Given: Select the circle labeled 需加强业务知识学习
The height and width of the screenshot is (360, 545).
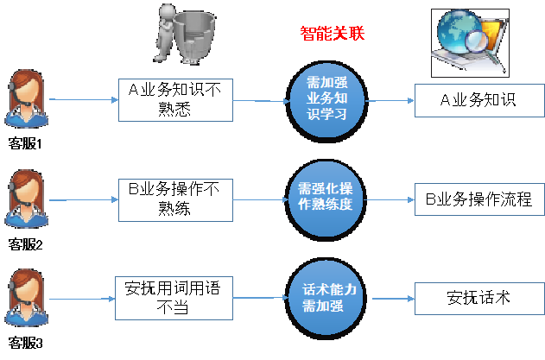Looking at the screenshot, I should coord(326,101).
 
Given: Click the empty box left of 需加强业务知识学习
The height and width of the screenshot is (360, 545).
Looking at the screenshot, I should coord(175,100).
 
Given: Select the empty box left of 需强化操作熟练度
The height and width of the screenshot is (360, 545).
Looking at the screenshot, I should coord(175,200).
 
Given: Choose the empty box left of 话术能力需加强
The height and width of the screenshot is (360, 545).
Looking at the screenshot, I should coord(174,298).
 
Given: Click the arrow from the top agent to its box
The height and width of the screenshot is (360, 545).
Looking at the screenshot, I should coord(84,100).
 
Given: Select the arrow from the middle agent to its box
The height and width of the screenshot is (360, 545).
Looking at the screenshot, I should coord(84,200).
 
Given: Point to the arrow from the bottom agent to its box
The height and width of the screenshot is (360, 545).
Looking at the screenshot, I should coord(82,299).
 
